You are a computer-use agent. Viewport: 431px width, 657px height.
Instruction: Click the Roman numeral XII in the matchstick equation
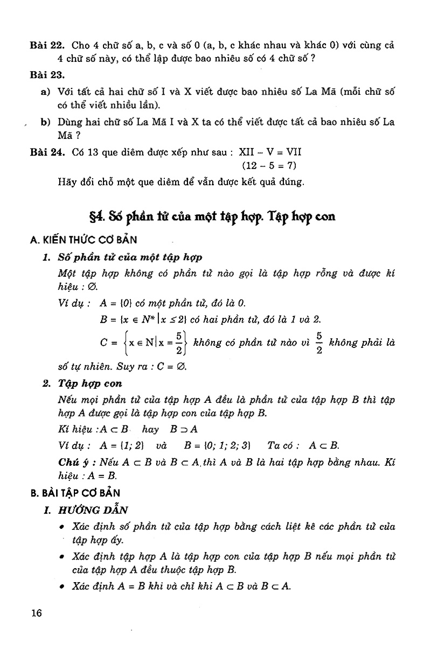246,152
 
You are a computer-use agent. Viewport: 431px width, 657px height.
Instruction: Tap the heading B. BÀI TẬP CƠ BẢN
75,492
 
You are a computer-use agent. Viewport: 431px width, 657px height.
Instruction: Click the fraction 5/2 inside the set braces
181,343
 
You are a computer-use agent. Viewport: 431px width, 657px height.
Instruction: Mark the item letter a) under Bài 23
45,93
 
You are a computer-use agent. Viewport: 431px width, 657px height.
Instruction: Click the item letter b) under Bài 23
45,122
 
